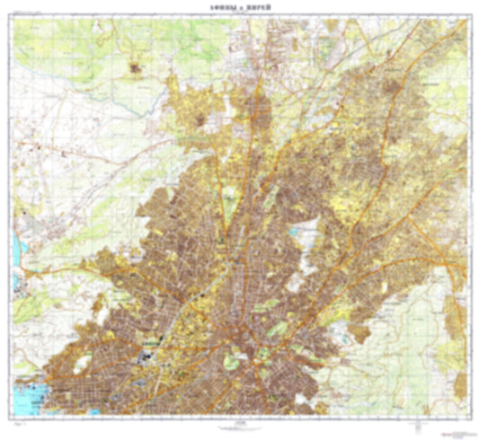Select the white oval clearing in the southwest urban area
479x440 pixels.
point(84,362)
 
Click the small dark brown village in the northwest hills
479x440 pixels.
point(137,66)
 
